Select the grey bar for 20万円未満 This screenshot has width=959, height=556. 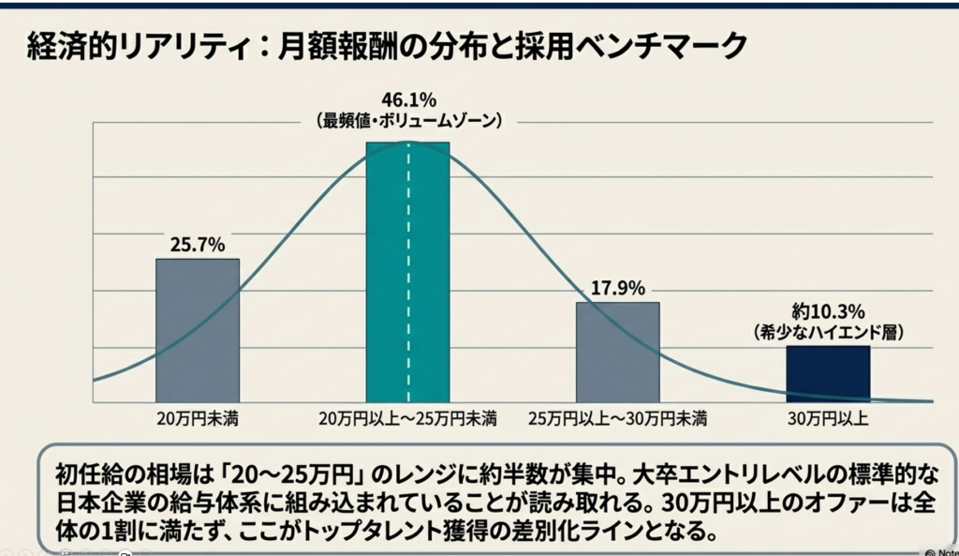tap(197, 330)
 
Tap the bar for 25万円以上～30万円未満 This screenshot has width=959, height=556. tap(617, 352)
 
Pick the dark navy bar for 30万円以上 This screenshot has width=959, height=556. tap(828, 373)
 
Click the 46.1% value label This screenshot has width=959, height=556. tap(409, 100)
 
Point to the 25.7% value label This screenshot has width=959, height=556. tap(197, 246)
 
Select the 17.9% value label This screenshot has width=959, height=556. tap(617, 289)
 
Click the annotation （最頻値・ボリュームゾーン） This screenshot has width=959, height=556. tap(409, 121)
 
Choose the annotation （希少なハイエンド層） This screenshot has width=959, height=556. tap(828, 332)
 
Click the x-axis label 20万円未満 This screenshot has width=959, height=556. tap(197, 417)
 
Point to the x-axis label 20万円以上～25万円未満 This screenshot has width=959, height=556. tap(407, 417)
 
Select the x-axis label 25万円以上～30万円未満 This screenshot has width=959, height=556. tap(617, 417)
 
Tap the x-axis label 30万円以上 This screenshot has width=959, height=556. tap(828, 417)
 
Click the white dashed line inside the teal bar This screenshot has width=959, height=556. tap(408, 272)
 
